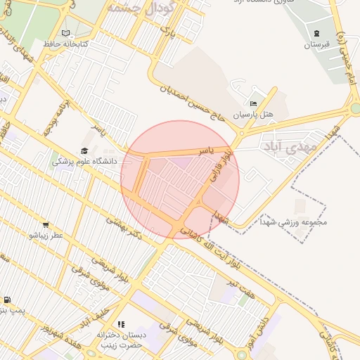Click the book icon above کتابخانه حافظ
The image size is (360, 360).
click(66, 33)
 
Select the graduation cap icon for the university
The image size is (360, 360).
click(84, 150)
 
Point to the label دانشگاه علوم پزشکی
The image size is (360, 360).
click(77, 161)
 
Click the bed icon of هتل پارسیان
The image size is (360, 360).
click(253, 104)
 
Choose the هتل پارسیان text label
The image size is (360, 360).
click(257, 114)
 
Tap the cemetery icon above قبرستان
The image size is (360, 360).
click(316, 34)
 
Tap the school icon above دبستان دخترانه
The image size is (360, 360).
click(121, 325)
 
